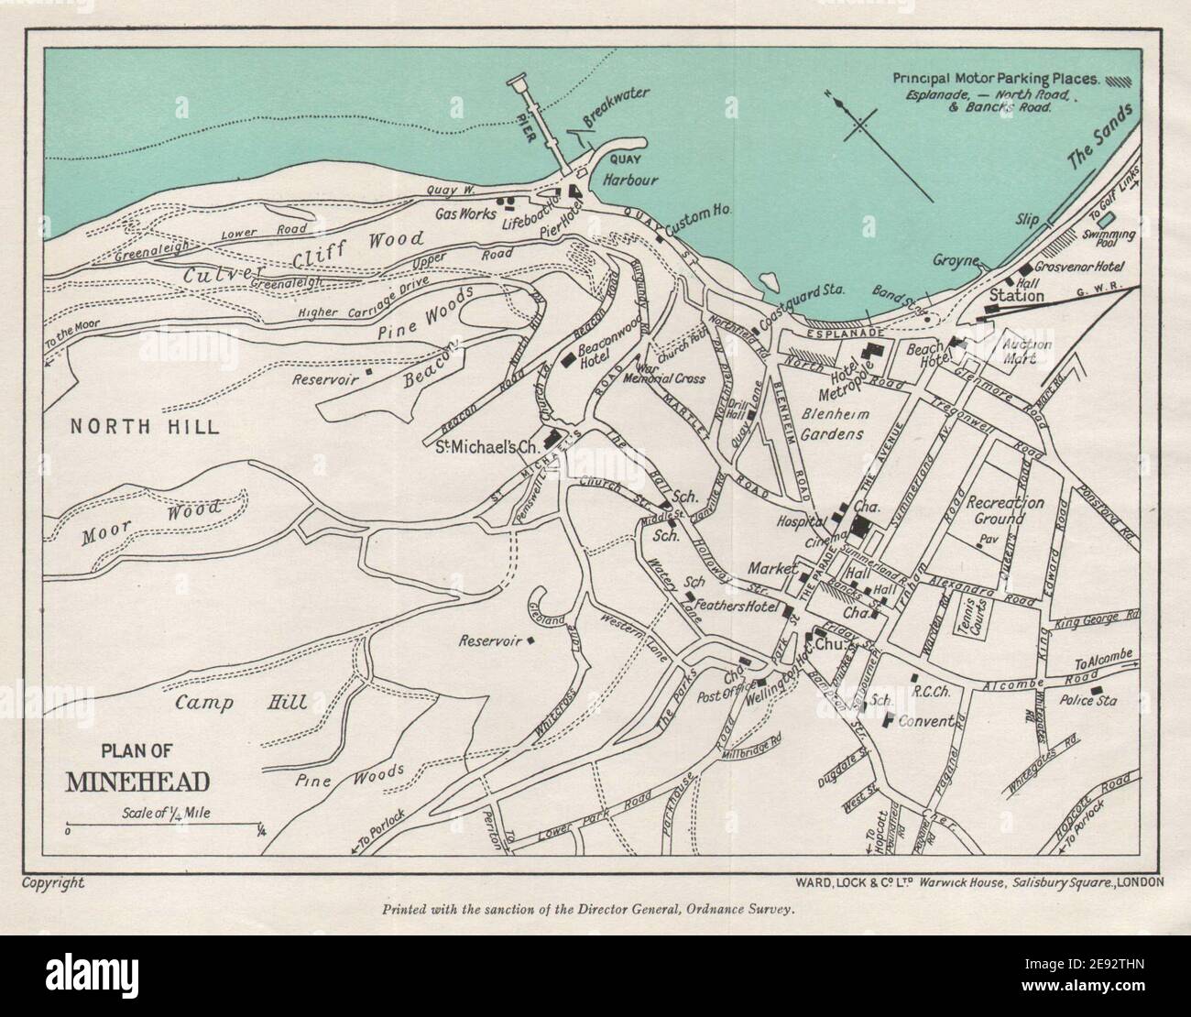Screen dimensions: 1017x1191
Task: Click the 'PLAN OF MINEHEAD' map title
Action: tap(137, 768)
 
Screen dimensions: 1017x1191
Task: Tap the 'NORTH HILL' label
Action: tap(145, 426)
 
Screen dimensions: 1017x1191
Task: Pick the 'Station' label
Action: tap(1016, 296)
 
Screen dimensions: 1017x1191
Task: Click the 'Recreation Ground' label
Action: tap(1006, 511)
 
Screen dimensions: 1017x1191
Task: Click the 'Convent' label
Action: tap(926, 721)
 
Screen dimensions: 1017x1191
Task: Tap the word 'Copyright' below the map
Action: tap(52, 883)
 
